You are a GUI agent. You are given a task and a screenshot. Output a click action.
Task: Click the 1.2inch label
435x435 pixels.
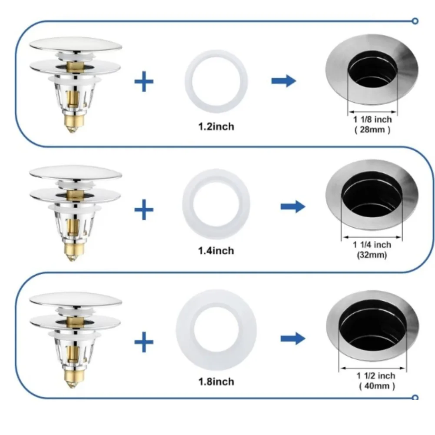pos(216,127)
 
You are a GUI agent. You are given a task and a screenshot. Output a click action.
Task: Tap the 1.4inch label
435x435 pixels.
pos(216,251)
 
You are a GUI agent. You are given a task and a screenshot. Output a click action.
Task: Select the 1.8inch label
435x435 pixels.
pos(216,382)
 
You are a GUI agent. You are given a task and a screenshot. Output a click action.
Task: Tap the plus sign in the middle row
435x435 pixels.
pos(144,210)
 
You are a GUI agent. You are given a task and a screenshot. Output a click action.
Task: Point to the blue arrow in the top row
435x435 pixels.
pos(283,81)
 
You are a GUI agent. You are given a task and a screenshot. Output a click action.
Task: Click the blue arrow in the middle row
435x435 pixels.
pos(292,207)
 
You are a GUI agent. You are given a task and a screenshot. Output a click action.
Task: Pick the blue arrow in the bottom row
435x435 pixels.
pos(292,338)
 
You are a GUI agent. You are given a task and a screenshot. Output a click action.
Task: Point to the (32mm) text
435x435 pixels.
pos(372,255)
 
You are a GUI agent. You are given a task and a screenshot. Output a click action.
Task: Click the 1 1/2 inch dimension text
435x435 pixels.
pos(376,376)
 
